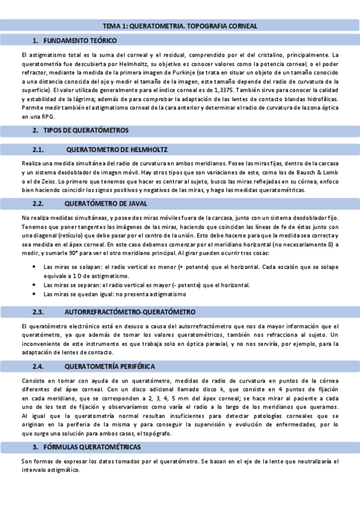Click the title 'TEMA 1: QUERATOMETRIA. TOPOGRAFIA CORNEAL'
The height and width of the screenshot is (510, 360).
point(180,26)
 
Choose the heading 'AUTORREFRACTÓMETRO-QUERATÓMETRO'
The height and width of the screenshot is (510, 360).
point(129,312)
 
